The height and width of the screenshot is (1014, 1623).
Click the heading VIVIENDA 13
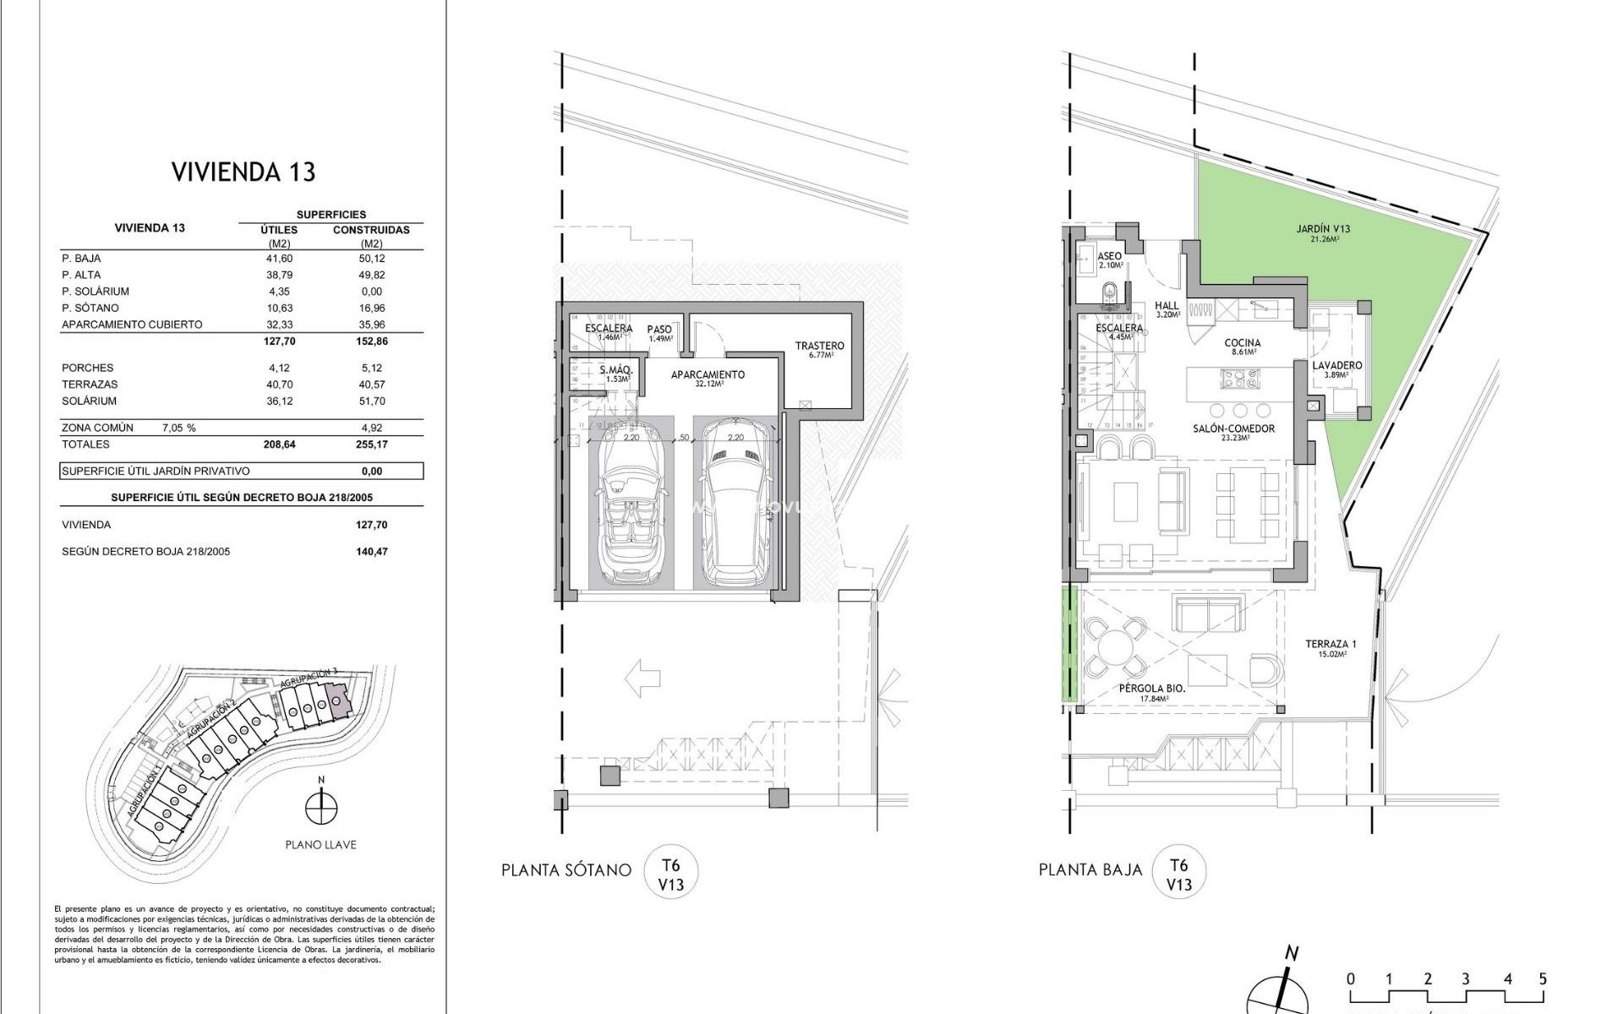click(x=243, y=172)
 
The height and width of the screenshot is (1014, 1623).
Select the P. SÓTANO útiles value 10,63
click(x=278, y=308)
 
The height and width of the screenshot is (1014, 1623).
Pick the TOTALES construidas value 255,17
click(x=371, y=444)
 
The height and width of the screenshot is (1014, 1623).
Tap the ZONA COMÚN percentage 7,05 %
click(x=178, y=428)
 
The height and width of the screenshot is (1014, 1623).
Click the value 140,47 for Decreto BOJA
click(x=371, y=551)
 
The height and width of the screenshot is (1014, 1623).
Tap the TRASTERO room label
click(x=819, y=346)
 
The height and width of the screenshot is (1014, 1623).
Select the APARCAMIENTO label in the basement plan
click(x=708, y=375)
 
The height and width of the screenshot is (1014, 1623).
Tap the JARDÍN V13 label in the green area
click(x=1323, y=229)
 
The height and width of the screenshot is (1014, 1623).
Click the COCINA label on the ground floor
click(x=1242, y=344)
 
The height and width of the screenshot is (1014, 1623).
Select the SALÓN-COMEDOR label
click(x=1233, y=429)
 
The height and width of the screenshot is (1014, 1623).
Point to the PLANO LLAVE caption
click(x=320, y=844)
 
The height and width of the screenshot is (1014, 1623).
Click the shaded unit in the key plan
click(x=337, y=702)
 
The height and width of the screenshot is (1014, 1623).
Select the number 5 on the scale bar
click(x=1543, y=979)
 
